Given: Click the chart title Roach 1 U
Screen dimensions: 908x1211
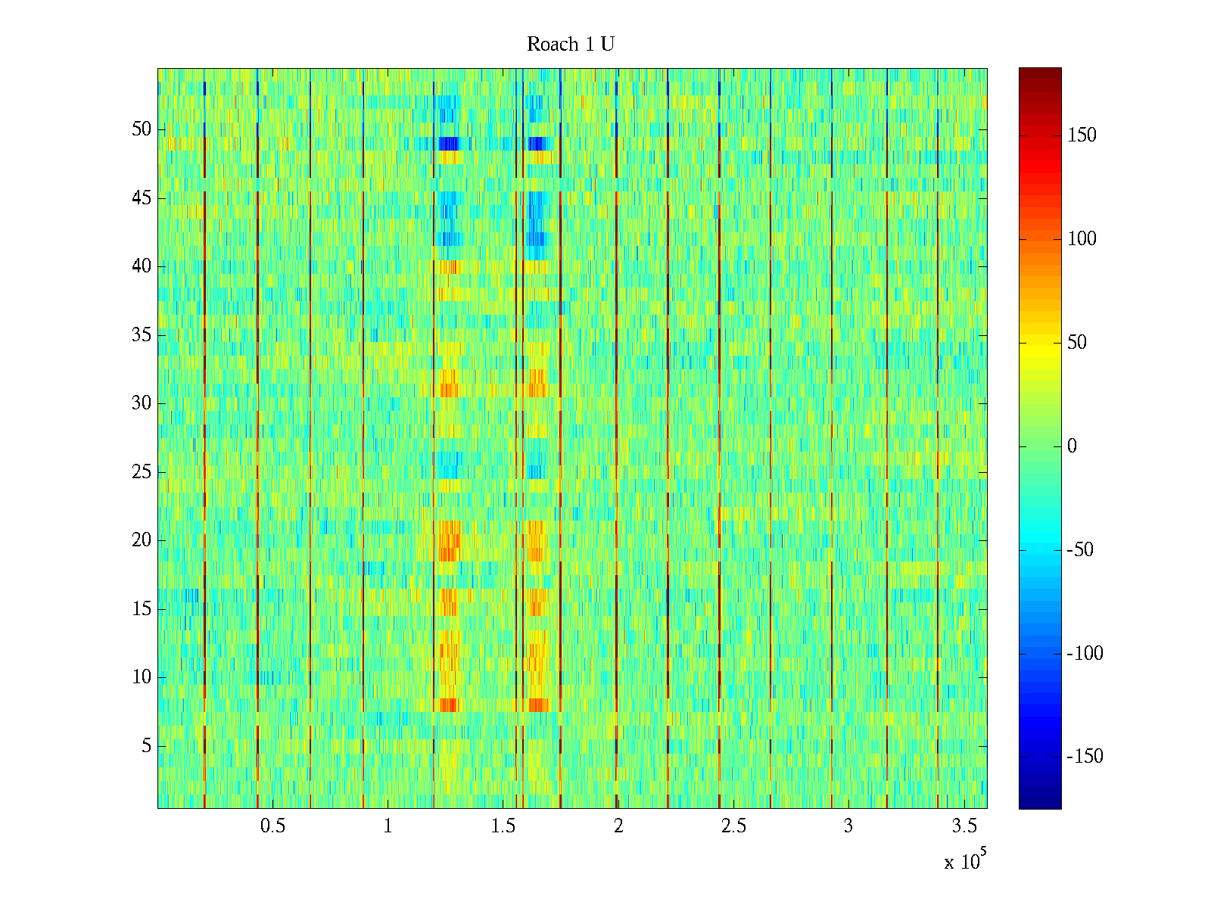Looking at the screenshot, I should [570, 45].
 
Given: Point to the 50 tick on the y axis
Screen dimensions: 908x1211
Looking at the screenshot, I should [142, 129].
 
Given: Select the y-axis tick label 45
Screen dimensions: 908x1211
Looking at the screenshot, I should [142, 198].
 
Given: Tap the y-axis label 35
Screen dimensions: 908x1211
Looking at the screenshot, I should [142, 335].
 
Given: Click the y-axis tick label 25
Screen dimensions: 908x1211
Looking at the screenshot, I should [142, 472].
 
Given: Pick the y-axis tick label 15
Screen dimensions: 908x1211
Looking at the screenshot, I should [142, 609].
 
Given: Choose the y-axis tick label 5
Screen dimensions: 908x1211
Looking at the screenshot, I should [146, 746].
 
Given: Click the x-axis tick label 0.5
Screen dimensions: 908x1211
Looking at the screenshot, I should [272, 826].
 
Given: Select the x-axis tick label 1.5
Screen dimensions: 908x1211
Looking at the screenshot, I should [503, 826].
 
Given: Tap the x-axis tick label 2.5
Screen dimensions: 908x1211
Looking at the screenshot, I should [733, 826].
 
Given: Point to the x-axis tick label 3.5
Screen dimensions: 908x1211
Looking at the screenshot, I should [963, 826].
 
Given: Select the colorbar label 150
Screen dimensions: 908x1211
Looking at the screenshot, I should [1082, 135].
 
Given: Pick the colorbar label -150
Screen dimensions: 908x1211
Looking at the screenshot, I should [1085, 757].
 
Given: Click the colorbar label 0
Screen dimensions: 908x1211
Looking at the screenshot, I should [1072, 446].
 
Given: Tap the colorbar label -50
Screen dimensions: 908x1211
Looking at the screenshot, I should [1080, 550].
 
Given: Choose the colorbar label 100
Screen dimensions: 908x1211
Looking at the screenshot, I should [1082, 239].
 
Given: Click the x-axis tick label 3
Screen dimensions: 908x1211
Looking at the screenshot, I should [848, 826].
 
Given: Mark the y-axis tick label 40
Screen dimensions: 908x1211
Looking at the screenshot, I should [142, 266].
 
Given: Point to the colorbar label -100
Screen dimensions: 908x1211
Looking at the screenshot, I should [1085, 654].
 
